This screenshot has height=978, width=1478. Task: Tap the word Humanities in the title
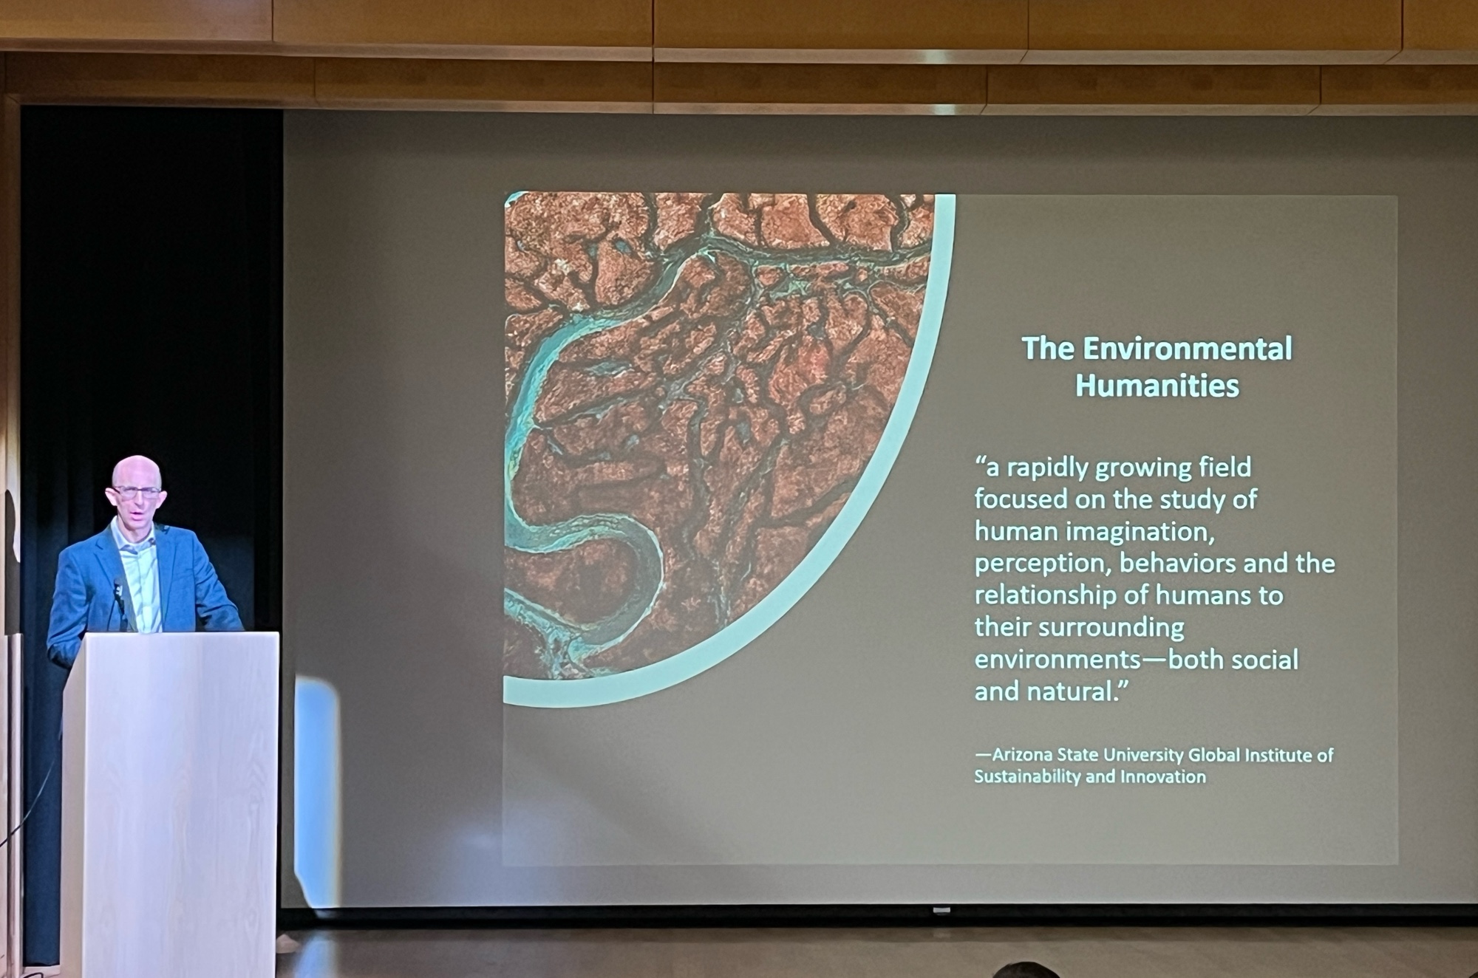1157,386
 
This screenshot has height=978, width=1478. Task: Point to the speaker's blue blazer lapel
167,569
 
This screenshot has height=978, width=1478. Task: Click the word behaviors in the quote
1178,564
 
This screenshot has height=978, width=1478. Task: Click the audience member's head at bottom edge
1025,970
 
